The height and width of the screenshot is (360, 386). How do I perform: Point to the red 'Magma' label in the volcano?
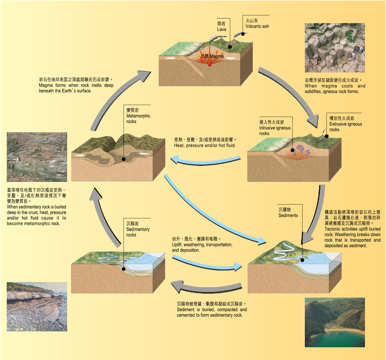[210, 56]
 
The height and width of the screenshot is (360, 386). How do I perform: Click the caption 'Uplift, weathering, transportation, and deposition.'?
[202, 245]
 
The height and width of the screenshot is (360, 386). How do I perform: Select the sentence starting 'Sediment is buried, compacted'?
[212, 312]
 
